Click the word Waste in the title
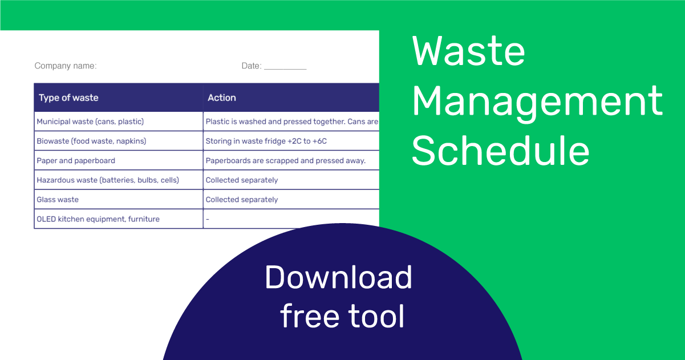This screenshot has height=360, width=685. [468, 51]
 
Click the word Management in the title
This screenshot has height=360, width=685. [537, 102]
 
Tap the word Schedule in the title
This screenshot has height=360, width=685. [500, 151]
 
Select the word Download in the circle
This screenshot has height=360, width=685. [338, 277]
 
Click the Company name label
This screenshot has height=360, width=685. [66, 66]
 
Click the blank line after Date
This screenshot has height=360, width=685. [285, 67]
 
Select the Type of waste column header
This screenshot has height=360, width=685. [68, 98]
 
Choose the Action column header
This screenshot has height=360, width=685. [222, 98]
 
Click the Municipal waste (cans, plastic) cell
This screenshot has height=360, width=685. [90, 122]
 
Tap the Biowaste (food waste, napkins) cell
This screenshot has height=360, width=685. [91, 141]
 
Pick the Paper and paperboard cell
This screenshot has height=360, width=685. [76, 160]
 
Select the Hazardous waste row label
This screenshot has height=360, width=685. [108, 180]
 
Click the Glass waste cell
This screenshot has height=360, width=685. [58, 200]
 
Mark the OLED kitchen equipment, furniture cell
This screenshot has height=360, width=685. [98, 219]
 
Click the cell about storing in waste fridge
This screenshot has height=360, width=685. [266, 141]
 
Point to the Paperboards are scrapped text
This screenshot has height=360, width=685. [285, 160]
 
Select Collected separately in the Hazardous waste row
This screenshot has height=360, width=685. [242, 180]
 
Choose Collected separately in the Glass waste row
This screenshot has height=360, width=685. [242, 200]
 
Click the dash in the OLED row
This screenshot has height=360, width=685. [208, 219]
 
